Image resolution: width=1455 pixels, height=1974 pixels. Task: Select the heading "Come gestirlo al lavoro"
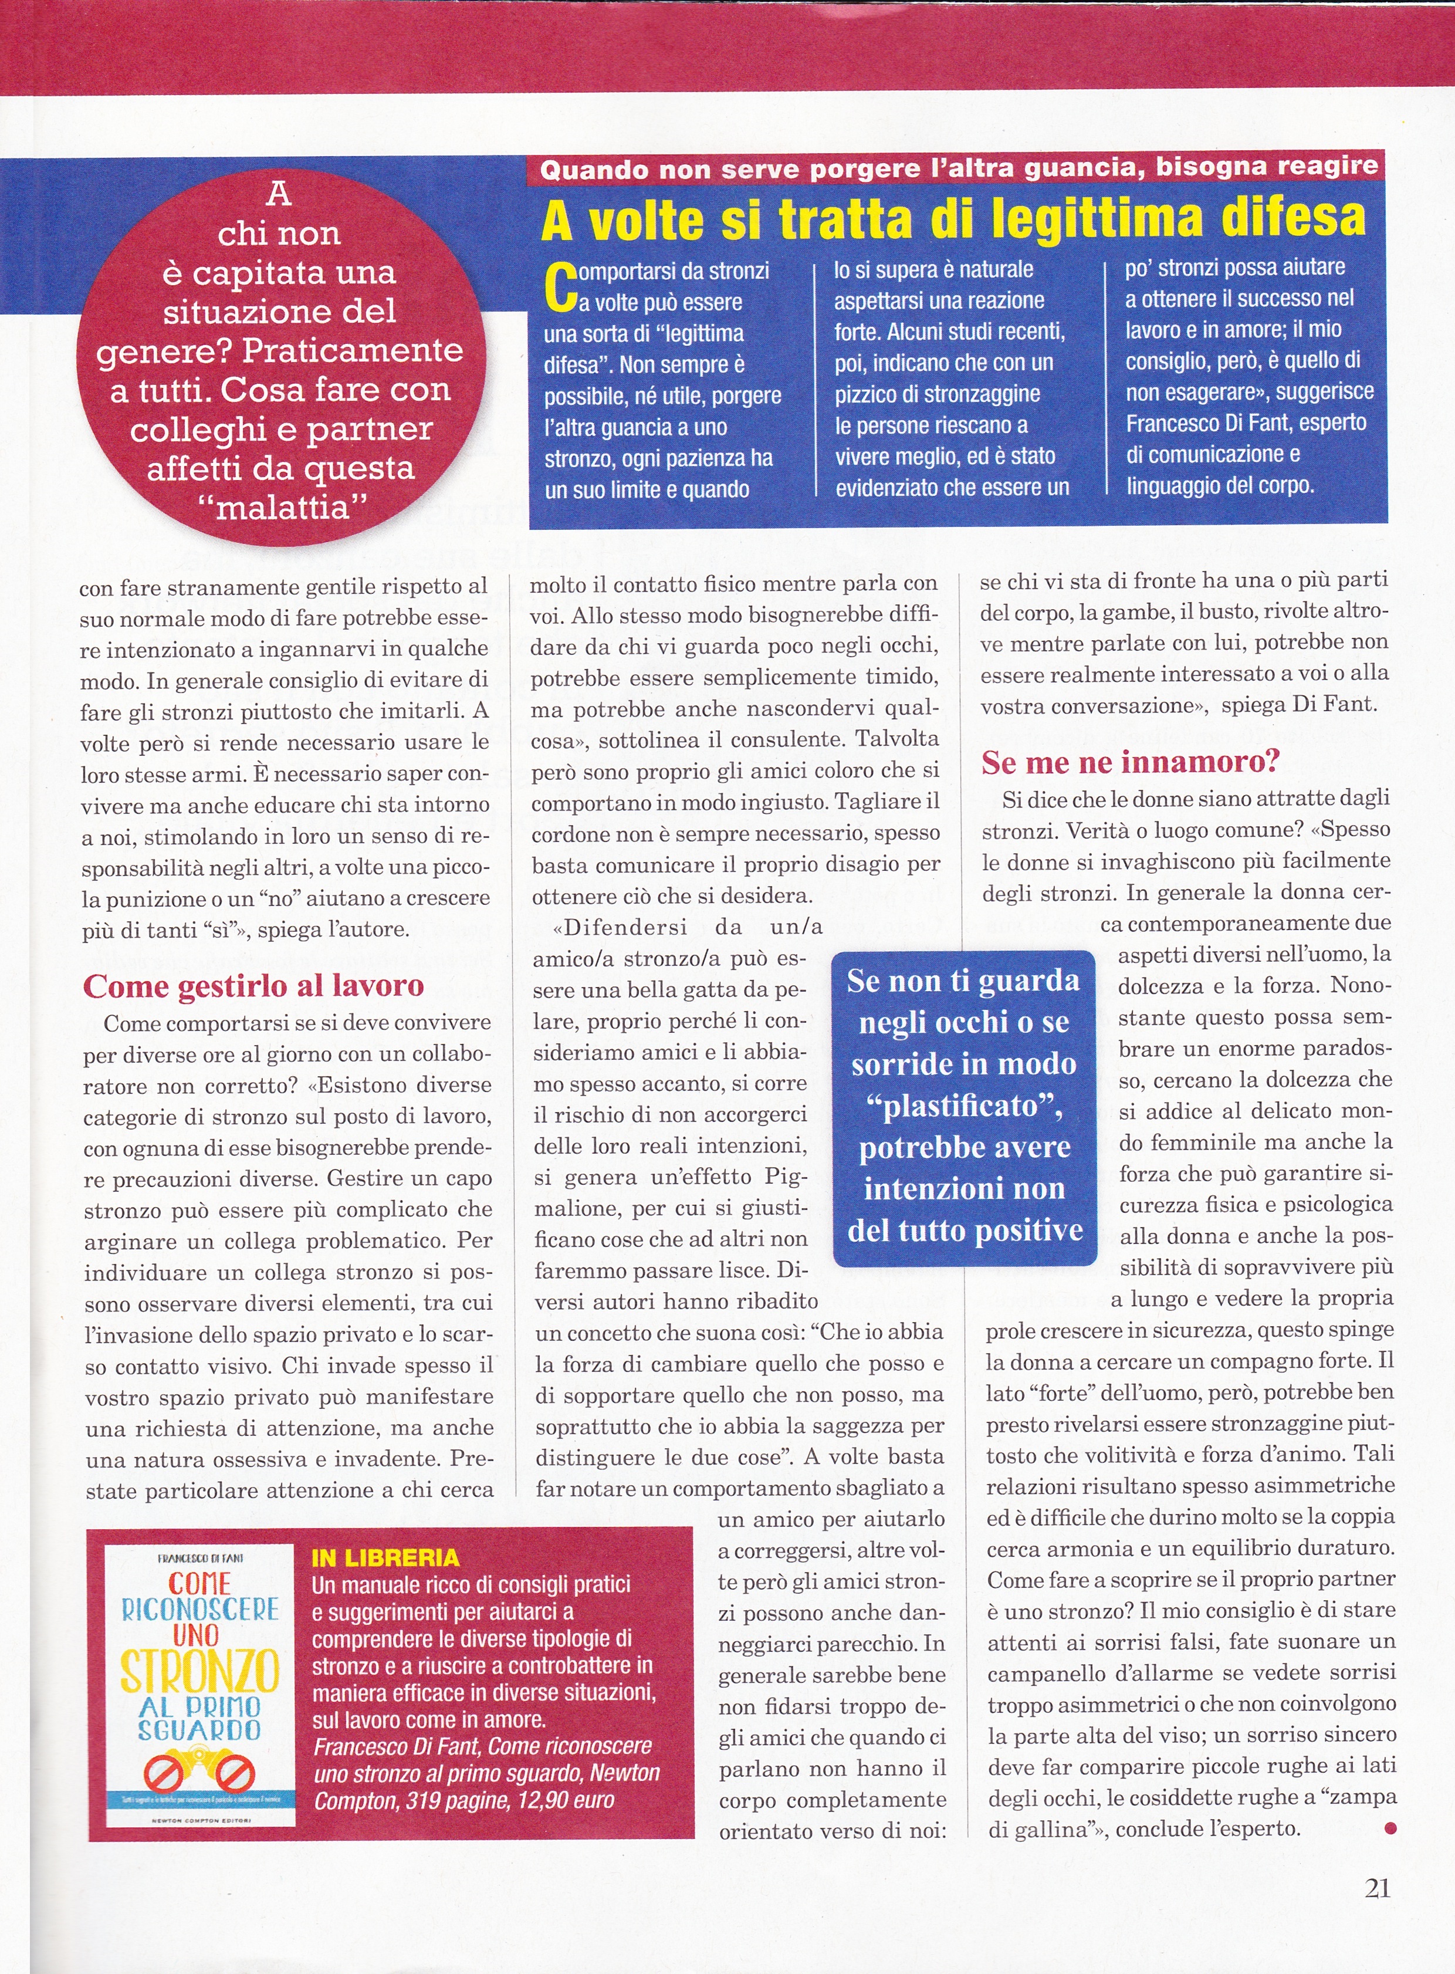click(x=253, y=986)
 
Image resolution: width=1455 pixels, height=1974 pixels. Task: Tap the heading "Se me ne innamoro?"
click(x=1130, y=761)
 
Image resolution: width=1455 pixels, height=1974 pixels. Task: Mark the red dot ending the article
click(x=1390, y=1828)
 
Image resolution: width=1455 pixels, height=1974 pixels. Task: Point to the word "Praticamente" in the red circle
click(x=352, y=350)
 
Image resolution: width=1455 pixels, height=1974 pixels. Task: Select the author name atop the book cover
click(x=201, y=1558)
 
